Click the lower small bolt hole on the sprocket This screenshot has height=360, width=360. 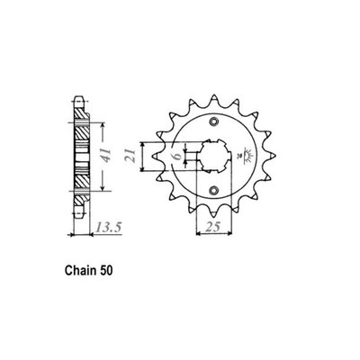pos(215,187)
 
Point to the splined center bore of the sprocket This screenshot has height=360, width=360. pos(215,155)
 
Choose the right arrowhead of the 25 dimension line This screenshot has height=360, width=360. pos(232,237)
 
